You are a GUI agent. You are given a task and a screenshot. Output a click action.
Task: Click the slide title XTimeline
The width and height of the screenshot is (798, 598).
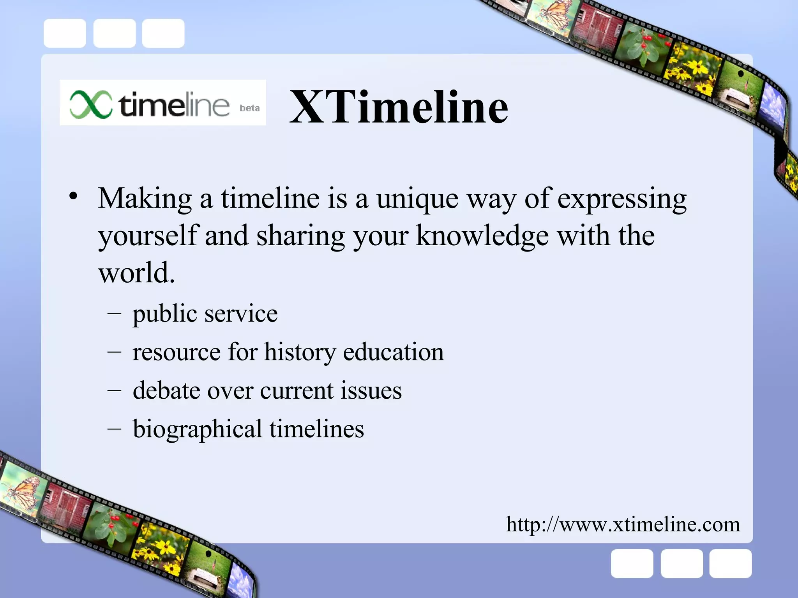point(399,107)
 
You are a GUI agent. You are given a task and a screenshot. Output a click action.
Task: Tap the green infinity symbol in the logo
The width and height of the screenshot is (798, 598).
point(91,104)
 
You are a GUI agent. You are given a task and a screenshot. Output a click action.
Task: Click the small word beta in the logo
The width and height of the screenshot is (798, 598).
point(249,108)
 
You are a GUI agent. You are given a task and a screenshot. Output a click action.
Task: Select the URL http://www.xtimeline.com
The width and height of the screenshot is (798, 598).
point(623,524)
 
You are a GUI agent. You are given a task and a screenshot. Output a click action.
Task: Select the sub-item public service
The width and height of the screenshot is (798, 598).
point(205,314)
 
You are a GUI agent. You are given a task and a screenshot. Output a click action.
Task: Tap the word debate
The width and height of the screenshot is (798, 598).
point(166,390)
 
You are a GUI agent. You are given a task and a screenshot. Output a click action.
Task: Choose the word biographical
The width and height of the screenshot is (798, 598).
point(197,429)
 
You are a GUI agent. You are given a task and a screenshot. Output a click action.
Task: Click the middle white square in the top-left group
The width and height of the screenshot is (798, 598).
point(114,33)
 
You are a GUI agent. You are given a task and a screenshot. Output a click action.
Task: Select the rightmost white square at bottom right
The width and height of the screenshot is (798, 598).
point(730,564)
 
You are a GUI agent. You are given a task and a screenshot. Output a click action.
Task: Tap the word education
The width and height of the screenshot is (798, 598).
point(393,352)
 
